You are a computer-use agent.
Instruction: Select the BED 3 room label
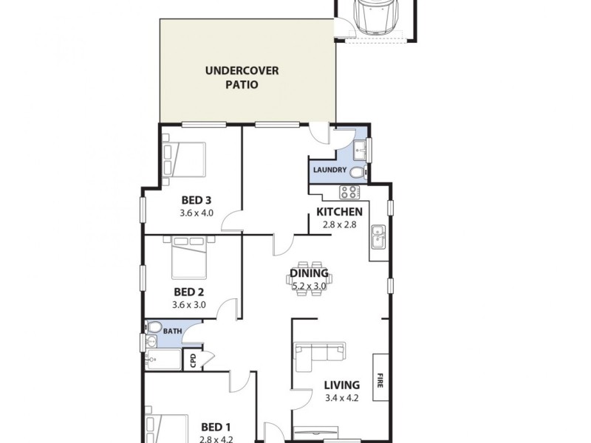[x=197, y=200]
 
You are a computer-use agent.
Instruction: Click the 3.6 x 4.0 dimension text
[x=197, y=213]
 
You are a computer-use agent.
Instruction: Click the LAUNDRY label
[x=329, y=171]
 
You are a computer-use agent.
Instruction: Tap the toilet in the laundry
[x=357, y=173]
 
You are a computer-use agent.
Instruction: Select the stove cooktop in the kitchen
[x=349, y=193]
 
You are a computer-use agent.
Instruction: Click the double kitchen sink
[x=378, y=236]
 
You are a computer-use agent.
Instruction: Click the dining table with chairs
[x=310, y=278]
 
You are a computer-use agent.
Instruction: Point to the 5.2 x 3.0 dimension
[x=310, y=286]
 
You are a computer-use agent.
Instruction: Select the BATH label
[x=172, y=332]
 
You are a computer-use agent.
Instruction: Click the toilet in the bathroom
[x=154, y=328]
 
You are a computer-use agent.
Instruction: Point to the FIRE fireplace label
[x=381, y=376]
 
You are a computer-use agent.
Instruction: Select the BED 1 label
[x=216, y=426]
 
